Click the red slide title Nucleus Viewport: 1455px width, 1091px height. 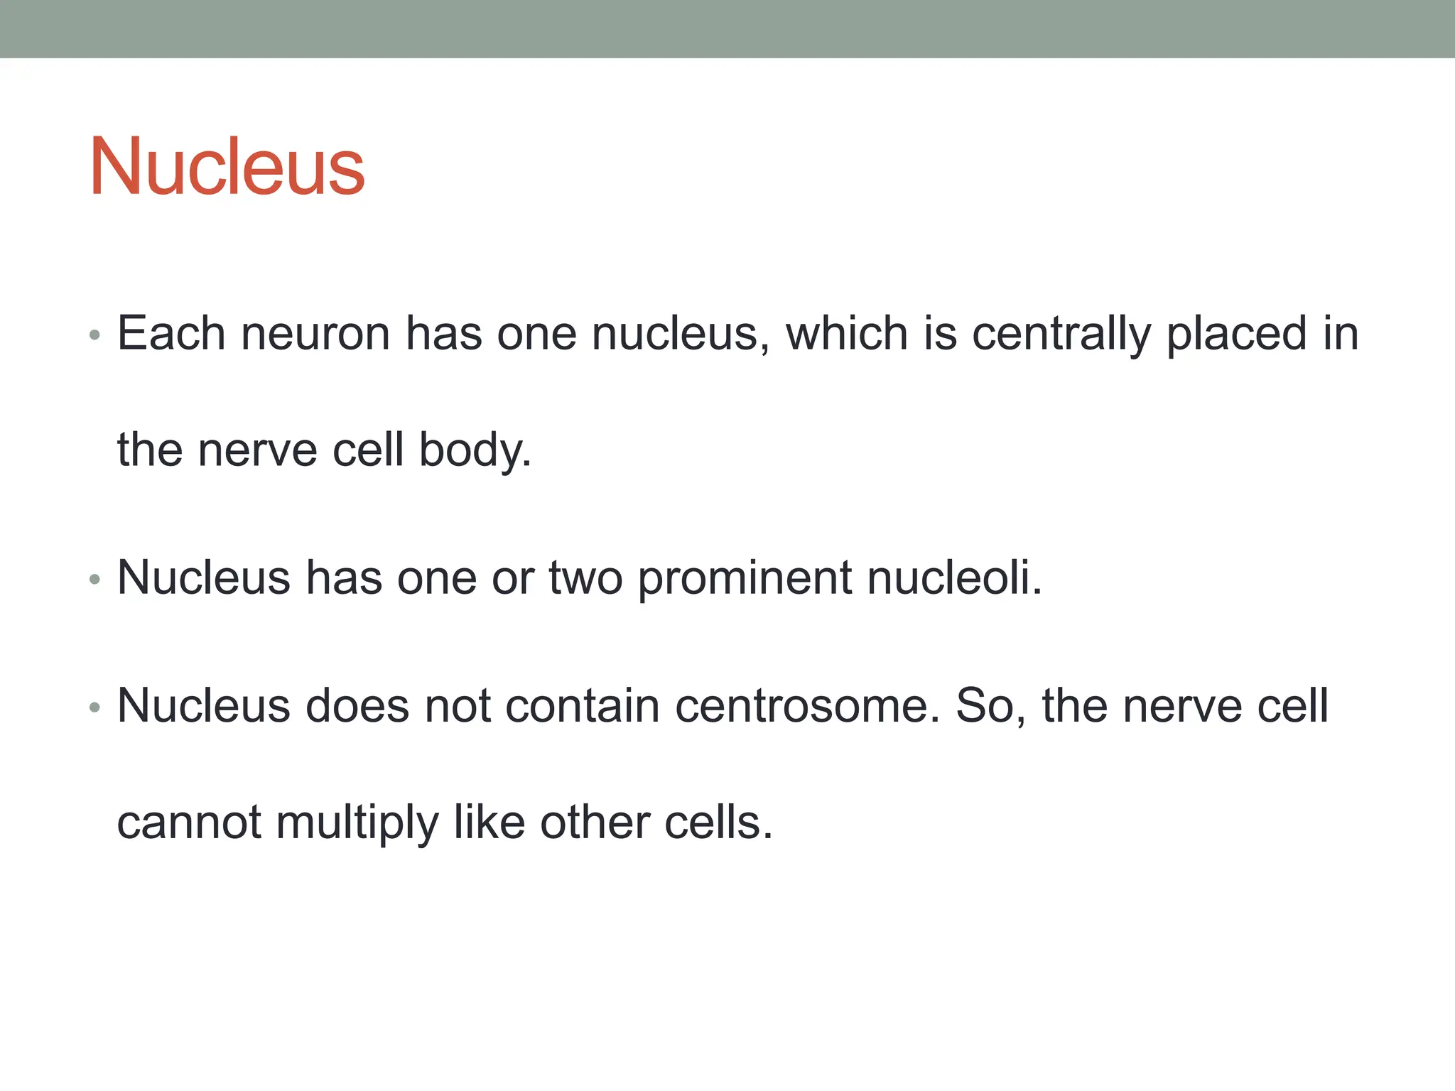(x=227, y=167)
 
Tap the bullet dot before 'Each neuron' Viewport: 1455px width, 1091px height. (x=95, y=335)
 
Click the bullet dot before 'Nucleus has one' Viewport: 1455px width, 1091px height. (x=95, y=580)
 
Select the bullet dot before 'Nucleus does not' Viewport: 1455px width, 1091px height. (x=95, y=707)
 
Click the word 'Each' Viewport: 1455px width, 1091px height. (x=171, y=333)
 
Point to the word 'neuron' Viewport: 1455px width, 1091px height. (x=315, y=333)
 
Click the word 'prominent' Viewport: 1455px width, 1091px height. (x=745, y=577)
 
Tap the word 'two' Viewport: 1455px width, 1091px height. (x=585, y=577)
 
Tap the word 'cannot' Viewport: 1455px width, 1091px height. (x=189, y=823)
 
